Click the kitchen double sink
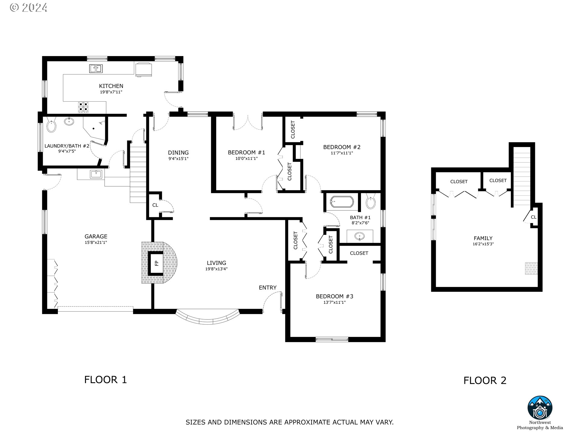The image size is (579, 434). [x=96, y=69]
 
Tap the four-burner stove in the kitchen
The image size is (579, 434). [x=84, y=108]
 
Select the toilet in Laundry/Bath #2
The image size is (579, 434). [x=52, y=126]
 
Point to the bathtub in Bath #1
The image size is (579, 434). [x=342, y=202]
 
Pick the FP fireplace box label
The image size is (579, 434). [x=157, y=263]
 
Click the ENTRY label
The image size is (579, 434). [x=267, y=288]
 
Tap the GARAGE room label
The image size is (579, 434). [x=96, y=237]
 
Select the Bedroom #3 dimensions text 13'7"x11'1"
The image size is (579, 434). [x=334, y=302]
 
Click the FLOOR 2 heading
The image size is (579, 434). [x=485, y=380]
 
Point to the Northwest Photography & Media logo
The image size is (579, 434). [x=540, y=407]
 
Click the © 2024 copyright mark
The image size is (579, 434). [x=29, y=7]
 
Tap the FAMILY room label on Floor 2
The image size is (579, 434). [x=483, y=238]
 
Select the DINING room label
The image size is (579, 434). [x=178, y=153]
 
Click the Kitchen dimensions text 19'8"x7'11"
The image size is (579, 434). [x=111, y=92]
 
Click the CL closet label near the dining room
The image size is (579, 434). [x=155, y=205]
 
